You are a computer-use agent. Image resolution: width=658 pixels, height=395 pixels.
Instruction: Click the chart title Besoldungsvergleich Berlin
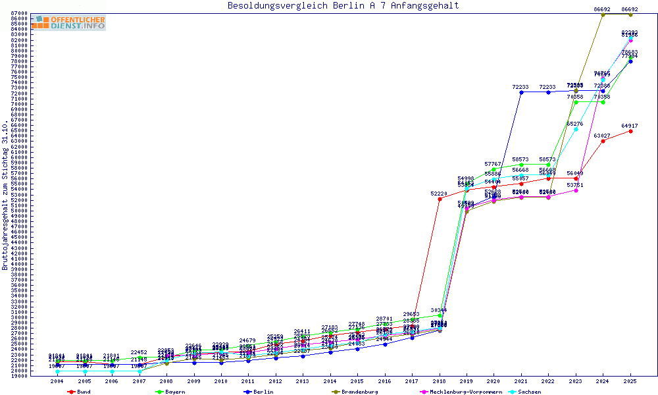click(343, 6)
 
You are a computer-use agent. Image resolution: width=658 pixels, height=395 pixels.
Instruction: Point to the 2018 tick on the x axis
click(440, 381)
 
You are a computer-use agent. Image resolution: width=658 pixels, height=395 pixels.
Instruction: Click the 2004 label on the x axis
click(57, 381)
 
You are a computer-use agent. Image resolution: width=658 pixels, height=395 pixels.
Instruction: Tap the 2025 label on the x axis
click(630, 381)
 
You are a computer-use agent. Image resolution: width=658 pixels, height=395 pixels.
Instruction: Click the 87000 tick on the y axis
click(19, 13)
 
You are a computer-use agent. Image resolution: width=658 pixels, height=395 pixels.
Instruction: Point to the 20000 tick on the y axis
click(19, 371)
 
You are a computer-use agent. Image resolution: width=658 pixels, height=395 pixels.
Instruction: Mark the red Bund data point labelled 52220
click(440, 199)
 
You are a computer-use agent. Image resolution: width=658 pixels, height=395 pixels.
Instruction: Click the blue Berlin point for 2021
click(521, 92)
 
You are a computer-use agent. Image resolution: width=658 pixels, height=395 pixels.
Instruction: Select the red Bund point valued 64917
click(630, 131)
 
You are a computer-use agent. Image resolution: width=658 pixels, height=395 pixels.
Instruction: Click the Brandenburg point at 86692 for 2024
click(603, 14)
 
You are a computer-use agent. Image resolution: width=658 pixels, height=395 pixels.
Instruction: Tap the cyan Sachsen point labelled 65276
click(576, 129)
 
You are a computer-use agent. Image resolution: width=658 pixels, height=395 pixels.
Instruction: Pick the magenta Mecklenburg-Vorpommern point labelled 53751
click(576, 190)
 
